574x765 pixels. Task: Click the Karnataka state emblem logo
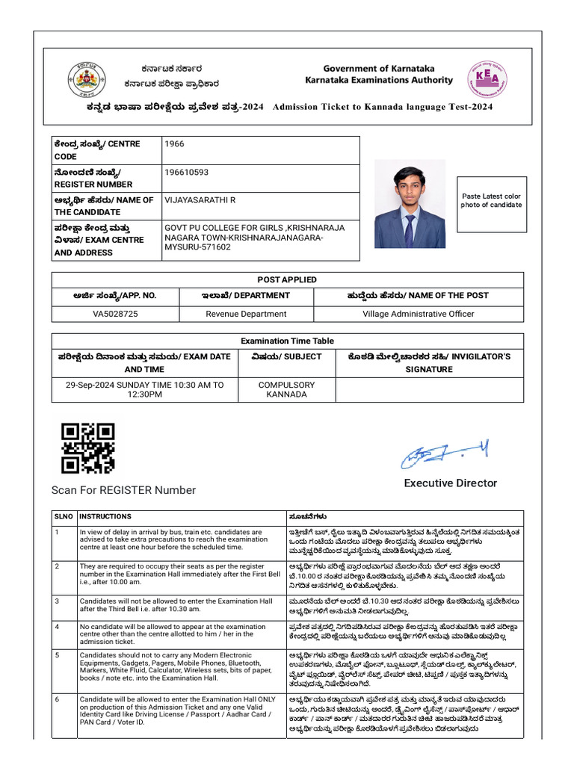click(x=87, y=78)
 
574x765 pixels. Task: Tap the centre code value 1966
click(x=174, y=144)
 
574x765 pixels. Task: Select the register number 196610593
click(x=186, y=173)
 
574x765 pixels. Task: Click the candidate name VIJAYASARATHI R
click(x=200, y=200)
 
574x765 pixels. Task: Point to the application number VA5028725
click(x=115, y=314)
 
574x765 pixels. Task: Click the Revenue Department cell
click(x=246, y=314)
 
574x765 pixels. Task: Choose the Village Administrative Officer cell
click(x=418, y=314)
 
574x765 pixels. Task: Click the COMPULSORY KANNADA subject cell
click(x=287, y=390)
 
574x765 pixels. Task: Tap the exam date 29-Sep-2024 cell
click(x=145, y=390)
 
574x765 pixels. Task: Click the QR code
click(x=87, y=448)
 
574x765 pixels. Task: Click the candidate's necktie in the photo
click(x=409, y=229)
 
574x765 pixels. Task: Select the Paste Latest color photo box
click(x=491, y=200)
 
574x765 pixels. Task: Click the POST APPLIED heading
click(x=287, y=279)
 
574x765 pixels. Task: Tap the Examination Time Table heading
click(x=287, y=341)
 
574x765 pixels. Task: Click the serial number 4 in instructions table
click(x=56, y=627)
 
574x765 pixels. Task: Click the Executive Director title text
click(x=450, y=483)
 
